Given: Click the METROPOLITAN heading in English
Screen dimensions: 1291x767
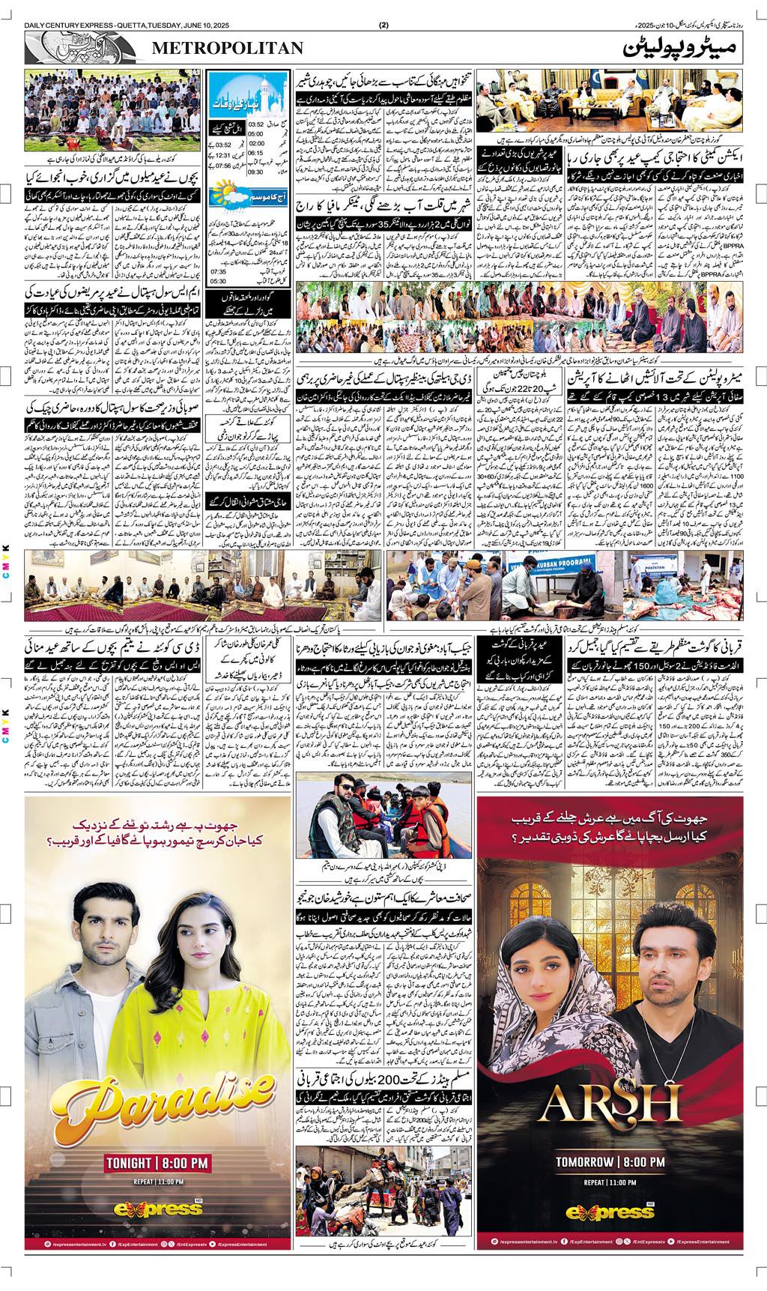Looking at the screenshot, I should (228, 49).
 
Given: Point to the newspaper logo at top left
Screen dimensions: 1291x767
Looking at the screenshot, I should (82, 49).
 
